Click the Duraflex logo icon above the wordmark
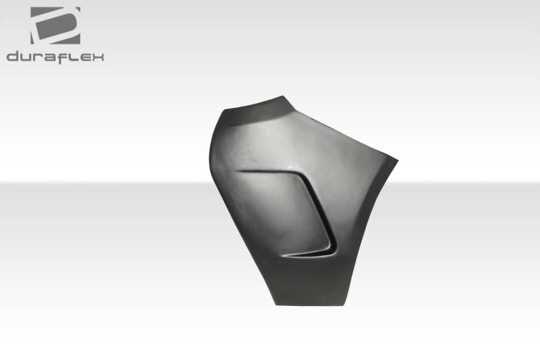[x=55, y=26]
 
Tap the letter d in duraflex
[x=13, y=56]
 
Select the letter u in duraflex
[x=28, y=57]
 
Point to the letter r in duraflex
[x=39, y=57]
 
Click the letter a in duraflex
[x=50, y=57]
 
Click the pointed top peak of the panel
[x=283, y=96]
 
